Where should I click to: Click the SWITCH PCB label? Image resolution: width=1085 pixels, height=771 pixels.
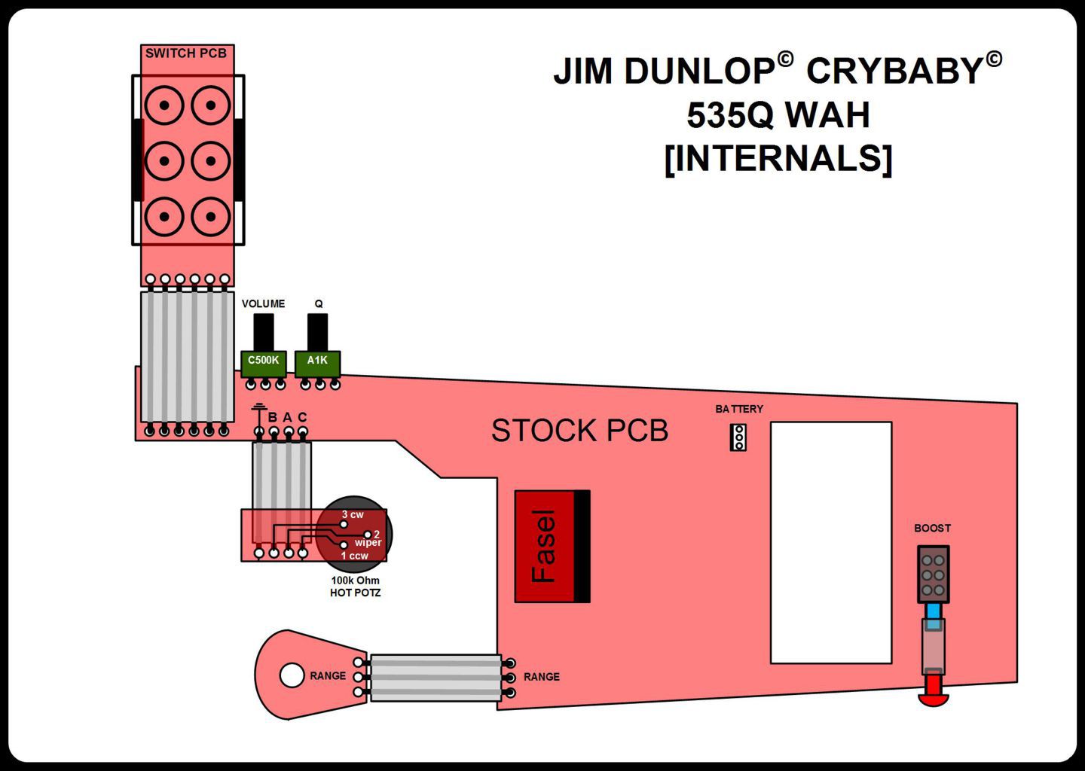185,53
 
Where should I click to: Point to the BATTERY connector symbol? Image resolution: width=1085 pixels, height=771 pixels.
738,437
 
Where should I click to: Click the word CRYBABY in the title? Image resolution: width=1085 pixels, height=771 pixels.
894,72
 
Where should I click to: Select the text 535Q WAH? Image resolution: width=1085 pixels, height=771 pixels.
778,115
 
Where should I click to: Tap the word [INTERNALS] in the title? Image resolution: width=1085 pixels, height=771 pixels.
778,159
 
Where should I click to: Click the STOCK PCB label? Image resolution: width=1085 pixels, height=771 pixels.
579,431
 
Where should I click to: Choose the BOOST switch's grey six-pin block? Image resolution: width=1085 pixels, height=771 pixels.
933,574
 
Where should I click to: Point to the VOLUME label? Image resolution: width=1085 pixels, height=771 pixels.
263,304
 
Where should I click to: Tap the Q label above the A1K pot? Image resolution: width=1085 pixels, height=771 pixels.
319,304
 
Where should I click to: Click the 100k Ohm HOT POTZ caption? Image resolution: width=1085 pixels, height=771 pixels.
355,587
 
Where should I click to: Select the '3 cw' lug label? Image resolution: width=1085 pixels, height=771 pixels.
353,515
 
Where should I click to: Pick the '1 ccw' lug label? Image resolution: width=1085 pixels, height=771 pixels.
354,556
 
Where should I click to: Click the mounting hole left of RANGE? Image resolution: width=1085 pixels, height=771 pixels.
292,675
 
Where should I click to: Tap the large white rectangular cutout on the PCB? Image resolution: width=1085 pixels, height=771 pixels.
830,542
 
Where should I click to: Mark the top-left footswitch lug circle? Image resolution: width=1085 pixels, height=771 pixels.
164,105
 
